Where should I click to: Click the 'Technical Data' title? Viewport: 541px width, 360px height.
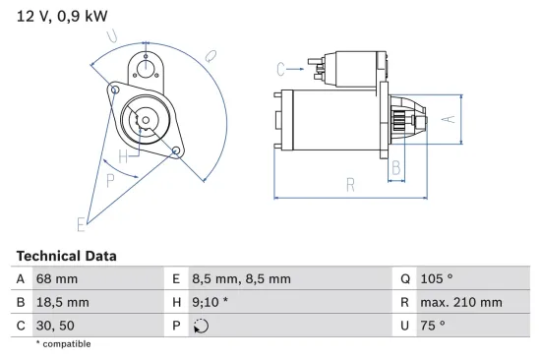pyautogui.click(x=66, y=256)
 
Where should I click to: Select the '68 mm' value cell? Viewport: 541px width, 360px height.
pyautogui.click(x=58, y=279)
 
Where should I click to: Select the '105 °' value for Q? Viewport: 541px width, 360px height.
pyautogui.click(x=437, y=279)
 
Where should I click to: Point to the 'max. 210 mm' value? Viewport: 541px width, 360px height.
pyautogui.click(x=461, y=302)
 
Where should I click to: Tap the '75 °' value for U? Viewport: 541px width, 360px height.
pyautogui.click(x=433, y=325)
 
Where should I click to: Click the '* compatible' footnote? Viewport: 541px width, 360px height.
pyautogui.click(x=63, y=343)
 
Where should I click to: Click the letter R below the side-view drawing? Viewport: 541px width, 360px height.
pyautogui.click(x=349, y=183)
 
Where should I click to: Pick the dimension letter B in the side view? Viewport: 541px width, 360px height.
pyautogui.click(x=396, y=169)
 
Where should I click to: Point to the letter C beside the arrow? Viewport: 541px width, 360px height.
pyautogui.click(x=281, y=68)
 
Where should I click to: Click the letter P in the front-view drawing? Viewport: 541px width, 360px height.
pyautogui.click(x=109, y=180)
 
